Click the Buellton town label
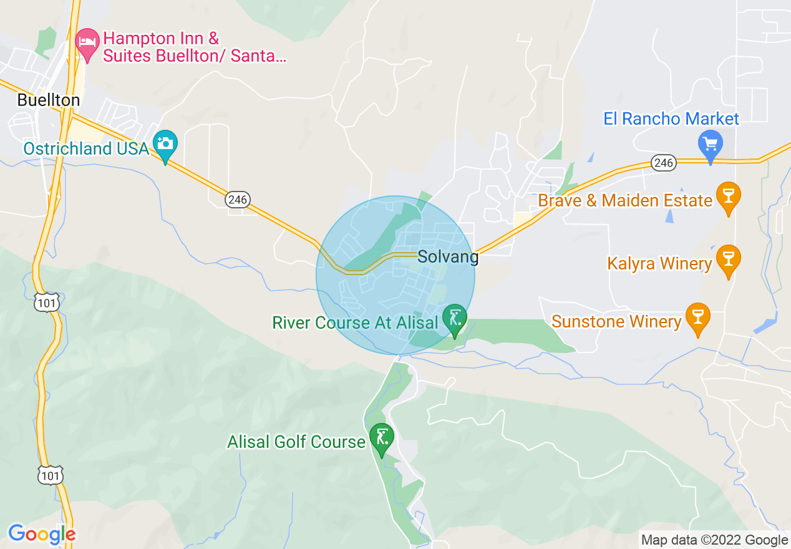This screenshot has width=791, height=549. (x=49, y=100)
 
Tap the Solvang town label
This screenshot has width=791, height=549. (x=448, y=256)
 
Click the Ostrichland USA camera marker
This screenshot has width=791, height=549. (x=165, y=144)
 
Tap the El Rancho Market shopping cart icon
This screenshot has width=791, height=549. (x=710, y=145)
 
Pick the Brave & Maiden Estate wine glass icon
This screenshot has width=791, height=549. (x=728, y=196)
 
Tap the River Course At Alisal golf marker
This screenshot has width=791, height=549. (x=455, y=318)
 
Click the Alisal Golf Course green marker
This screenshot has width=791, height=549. (x=381, y=437)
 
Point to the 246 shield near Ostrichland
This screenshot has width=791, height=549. (x=238, y=200)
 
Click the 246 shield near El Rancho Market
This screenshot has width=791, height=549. (x=664, y=163)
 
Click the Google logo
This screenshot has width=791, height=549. (x=42, y=534)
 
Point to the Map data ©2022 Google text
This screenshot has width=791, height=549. (x=714, y=540)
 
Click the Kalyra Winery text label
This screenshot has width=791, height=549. (x=659, y=264)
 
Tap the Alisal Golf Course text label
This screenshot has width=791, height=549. (x=296, y=442)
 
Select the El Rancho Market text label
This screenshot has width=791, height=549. (x=671, y=119)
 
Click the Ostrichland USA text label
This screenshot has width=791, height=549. (x=86, y=148)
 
